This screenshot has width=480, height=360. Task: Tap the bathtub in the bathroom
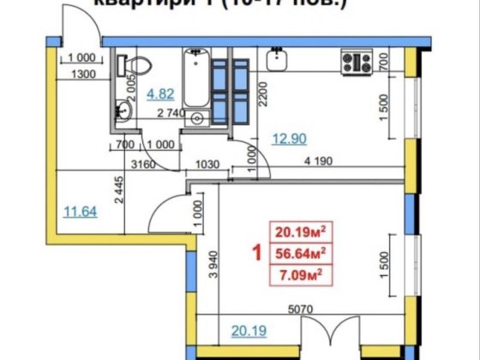click(x=195, y=86)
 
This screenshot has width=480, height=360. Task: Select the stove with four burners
click(x=357, y=61)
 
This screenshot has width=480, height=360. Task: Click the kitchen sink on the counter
click(x=277, y=60)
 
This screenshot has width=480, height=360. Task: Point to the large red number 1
click(x=255, y=253)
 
